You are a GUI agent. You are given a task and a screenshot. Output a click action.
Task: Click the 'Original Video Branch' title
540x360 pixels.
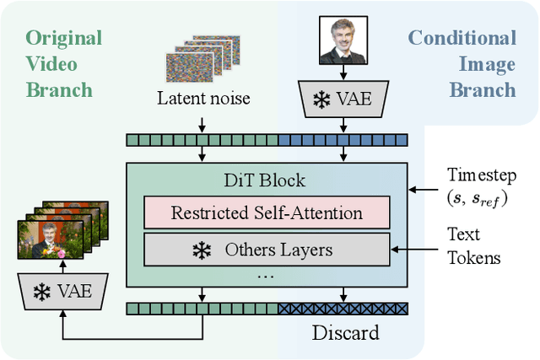[x=63, y=63]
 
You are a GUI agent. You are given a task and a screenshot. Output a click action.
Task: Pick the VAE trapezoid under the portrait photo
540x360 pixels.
[x=342, y=98]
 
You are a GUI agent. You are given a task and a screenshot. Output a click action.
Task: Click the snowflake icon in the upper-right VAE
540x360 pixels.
[x=322, y=99]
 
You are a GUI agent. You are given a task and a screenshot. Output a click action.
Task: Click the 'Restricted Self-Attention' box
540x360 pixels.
[x=267, y=212]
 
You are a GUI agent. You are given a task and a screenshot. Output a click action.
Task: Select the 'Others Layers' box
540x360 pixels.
[x=267, y=250]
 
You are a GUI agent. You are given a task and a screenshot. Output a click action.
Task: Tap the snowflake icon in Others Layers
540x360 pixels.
[x=201, y=250]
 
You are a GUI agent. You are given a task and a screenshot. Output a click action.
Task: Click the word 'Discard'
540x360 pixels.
[x=345, y=333]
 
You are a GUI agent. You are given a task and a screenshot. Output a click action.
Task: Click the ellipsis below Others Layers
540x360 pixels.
[x=267, y=276]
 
